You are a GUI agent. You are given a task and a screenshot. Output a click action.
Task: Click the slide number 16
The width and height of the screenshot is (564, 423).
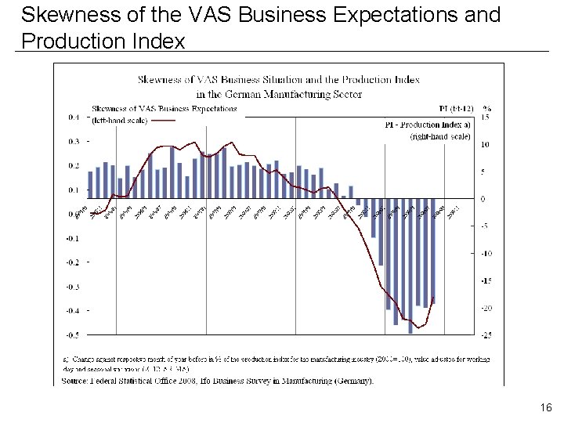(x=546, y=407)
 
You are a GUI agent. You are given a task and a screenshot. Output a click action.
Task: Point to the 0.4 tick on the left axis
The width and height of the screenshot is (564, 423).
(x=73, y=117)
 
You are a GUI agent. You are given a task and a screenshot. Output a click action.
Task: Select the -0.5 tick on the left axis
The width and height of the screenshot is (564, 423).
(x=72, y=335)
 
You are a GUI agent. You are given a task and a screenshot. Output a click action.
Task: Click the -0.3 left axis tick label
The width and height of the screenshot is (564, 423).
(x=72, y=287)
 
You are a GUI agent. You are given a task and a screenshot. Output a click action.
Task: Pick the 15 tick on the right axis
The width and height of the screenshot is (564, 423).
(x=486, y=117)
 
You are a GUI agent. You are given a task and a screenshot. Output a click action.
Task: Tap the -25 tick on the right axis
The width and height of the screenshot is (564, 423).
(x=486, y=335)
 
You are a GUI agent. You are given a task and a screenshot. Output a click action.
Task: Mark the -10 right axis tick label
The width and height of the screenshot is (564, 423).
(x=486, y=253)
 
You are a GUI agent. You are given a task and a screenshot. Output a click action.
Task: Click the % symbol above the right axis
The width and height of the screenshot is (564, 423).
(x=487, y=108)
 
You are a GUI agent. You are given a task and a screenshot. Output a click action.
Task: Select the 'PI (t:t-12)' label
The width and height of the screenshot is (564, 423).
(x=451, y=108)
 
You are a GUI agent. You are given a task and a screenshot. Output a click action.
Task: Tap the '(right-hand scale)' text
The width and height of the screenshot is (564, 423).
(x=440, y=136)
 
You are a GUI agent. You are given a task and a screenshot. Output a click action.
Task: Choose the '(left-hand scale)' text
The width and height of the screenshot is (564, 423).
(x=119, y=120)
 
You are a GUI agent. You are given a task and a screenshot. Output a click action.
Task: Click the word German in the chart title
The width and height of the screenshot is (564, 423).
(x=281, y=94)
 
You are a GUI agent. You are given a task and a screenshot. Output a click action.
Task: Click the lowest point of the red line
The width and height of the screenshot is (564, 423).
(x=419, y=327)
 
